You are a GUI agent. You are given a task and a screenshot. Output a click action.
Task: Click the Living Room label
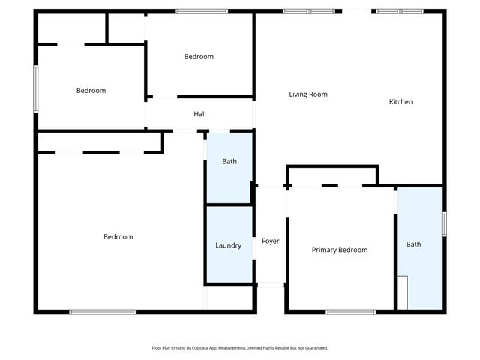tap(308, 94)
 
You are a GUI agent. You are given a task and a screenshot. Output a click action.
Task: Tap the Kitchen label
tap(400, 102)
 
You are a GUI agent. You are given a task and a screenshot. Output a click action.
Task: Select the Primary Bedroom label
tap(340, 250)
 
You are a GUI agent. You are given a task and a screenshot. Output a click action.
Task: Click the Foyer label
tap(270, 241)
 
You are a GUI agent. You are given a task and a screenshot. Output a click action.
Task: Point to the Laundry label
tap(228, 245)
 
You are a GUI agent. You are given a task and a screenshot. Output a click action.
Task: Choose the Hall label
tap(199, 114)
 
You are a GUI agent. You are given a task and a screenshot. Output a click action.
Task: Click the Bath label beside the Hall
tap(229, 161)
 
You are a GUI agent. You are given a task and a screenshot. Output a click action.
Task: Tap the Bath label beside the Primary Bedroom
tap(414, 244)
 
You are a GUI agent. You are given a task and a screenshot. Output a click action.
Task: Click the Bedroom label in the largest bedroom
tap(118, 237)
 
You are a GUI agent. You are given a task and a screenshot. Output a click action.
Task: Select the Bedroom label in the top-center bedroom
tap(199, 57)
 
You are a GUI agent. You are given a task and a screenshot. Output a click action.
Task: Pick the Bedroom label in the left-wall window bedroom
tap(91, 91)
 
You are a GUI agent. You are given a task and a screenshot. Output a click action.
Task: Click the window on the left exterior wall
tap(35, 88)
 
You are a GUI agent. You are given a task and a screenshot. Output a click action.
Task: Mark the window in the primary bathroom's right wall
tap(444, 223)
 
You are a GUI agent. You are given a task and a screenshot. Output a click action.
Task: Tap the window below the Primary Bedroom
tap(350, 311)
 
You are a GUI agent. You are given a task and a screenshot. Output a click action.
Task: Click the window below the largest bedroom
tap(103, 311)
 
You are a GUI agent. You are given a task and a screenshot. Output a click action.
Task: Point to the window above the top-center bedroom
tap(201, 11)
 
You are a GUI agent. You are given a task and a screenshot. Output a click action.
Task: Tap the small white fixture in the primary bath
tap(402, 292)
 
